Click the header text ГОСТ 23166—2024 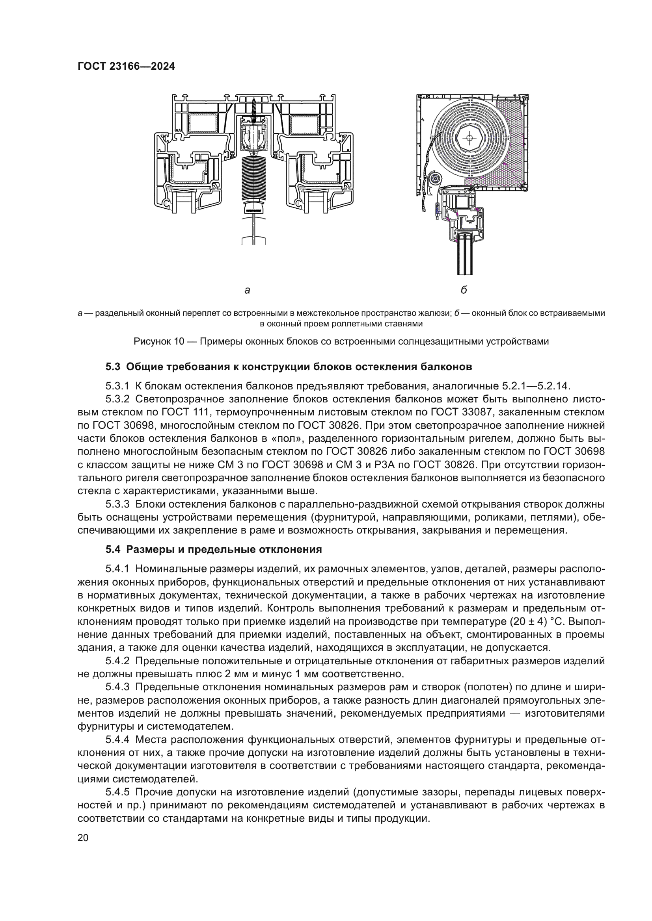coord(126,66)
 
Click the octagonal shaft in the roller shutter coord(469,138)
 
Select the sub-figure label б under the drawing coord(464,290)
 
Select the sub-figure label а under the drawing coord(247,290)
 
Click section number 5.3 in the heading coord(113,367)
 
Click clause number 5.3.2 coord(117,399)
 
